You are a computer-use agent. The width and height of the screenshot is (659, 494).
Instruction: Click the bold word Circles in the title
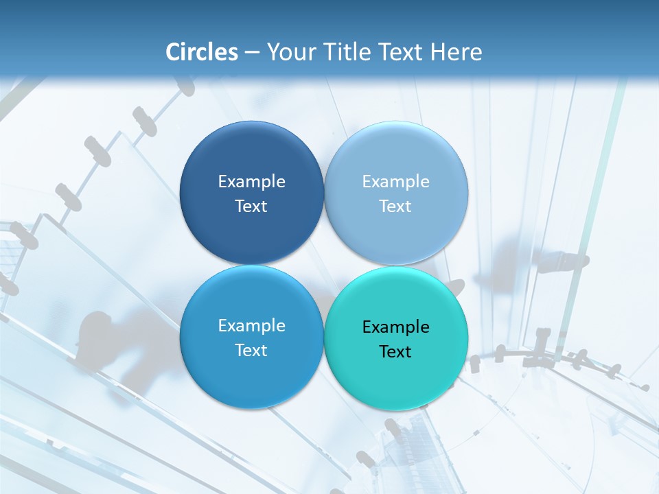click(202, 52)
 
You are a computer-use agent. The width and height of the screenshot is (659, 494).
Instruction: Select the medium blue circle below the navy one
click(251, 374)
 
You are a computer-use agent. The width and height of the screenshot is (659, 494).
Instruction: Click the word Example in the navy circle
click(251, 181)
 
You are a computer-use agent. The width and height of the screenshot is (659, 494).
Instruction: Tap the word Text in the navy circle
click(251, 206)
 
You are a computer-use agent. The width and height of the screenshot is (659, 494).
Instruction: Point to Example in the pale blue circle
click(395, 181)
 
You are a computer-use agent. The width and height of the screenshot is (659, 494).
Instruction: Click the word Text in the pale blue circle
click(395, 206)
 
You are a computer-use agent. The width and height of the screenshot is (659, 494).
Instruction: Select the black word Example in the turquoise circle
click(395, 327)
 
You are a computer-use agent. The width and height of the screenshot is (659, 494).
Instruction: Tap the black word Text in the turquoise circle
click(395, 352)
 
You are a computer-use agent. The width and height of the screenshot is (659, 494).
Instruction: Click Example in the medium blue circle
click(251, 325)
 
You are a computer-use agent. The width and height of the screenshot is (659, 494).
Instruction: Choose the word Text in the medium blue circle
click(251, 350)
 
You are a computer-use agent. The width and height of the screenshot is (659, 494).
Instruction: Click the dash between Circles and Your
click(252, 53)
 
